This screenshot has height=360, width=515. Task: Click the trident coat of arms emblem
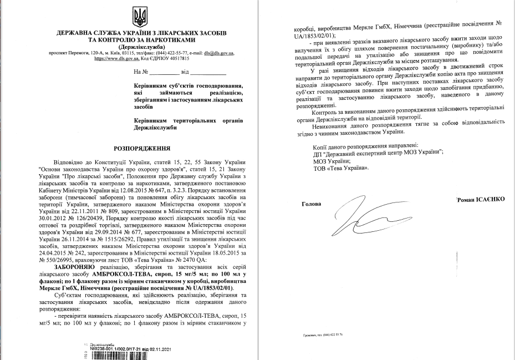click(x=140, y=17)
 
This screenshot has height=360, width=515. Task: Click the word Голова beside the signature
click(x=312, y=203)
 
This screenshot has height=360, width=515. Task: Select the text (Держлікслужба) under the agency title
click(x=141, y=46)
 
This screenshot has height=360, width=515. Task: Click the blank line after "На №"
click(x=164, y=73)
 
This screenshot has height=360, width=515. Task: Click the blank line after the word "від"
click(x=208, y=73)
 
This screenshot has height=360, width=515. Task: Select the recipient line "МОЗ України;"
click(x=328, y=159)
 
